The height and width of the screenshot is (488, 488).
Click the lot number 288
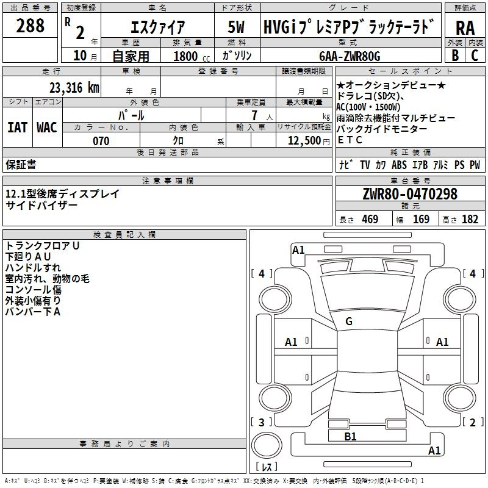point(30,26)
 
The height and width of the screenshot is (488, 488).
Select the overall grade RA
point(465,28)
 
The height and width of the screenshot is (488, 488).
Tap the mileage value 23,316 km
point(74,88)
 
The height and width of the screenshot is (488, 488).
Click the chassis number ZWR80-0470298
point(410,194)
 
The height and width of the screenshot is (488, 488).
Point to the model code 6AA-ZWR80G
point(350,56)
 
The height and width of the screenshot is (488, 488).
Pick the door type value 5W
point(236,27)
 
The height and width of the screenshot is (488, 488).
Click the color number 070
point(101,141)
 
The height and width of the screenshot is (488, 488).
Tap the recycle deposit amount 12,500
point(304,141)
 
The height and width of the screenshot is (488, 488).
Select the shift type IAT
point(18,127)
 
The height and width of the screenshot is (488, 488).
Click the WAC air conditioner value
point(47,127)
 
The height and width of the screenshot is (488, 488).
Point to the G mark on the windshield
point(349,321)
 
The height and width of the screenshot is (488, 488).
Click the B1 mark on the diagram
point(350,437)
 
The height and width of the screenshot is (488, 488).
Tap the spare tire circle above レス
point(267,445)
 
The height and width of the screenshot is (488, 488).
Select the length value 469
point(370,219)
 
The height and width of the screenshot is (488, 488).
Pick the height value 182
point(470,219)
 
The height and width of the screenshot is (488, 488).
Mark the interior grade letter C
point(475,56)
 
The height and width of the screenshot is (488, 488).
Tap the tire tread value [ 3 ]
point(262,422)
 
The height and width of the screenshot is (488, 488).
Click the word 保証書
point(21,165)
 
